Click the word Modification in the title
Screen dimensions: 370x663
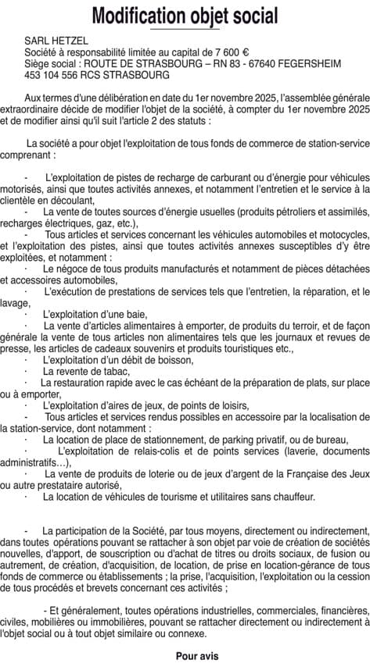pos(138,15)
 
